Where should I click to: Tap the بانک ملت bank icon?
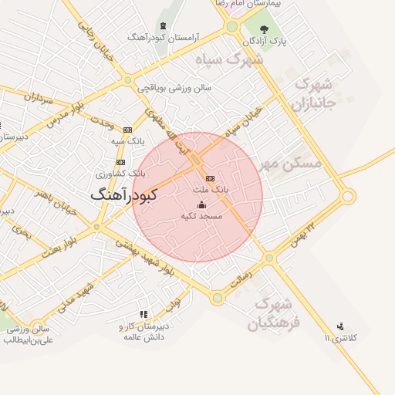210,178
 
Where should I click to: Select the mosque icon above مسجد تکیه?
201,205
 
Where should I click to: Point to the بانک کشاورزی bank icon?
120,162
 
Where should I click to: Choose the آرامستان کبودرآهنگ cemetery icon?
162,25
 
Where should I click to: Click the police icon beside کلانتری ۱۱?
340,326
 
